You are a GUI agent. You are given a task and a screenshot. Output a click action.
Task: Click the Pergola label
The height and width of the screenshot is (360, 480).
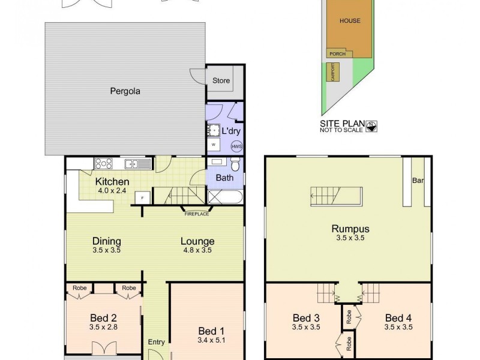click(x=125, y=92)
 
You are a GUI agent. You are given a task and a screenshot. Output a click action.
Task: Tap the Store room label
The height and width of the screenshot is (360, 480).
click(x=221, y=80)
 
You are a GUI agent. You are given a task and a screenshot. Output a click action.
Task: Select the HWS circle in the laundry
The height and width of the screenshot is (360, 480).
click(x=236, y=145)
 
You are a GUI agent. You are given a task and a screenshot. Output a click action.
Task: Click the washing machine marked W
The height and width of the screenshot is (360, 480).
click(x=213, y=145)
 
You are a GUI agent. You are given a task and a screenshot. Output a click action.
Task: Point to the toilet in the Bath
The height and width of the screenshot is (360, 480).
click(x=236, y=164)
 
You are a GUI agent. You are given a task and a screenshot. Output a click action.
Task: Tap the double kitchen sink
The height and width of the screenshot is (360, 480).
click(x=133, y=163)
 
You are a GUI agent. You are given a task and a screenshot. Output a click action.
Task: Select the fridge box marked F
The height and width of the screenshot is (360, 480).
click(x=142, y=197)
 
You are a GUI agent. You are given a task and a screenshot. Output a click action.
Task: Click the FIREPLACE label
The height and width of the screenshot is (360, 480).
click(x=196, y=214)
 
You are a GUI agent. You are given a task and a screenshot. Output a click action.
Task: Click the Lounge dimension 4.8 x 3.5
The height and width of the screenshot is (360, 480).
click(x=197, y=251)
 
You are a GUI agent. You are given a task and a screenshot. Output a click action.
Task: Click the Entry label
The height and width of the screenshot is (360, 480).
click(x=156, y=342)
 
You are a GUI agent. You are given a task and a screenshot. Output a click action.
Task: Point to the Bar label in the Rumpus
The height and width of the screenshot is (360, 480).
click(x=418, y=180)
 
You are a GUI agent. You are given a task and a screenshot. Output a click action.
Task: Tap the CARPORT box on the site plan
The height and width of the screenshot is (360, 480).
click(x=332, y=73)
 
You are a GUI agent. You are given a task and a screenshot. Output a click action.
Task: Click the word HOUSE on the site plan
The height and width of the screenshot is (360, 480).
click(x=350, y=21)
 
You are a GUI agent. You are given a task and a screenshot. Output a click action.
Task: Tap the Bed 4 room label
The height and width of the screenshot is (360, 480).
click(x=398, y=317)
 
